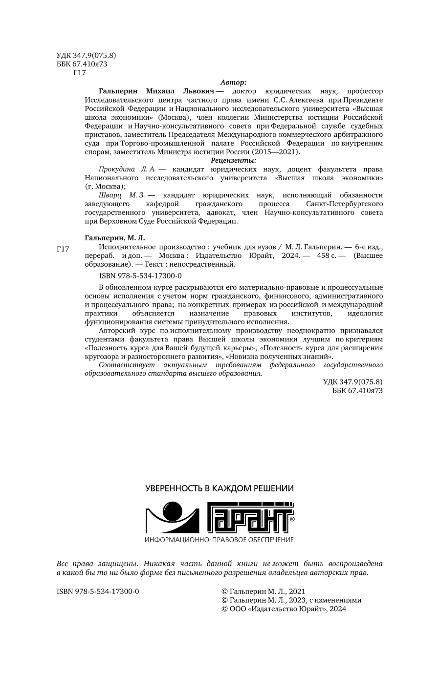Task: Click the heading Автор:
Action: [233, 83]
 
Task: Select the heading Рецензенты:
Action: [233, 160]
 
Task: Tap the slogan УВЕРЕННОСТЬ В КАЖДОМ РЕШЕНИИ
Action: [220, 488]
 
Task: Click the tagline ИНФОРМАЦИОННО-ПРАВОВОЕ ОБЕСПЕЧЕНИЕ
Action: [220, 540]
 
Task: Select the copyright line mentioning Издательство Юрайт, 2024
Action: [284, 609]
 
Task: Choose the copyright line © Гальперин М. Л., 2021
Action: [264, 591]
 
